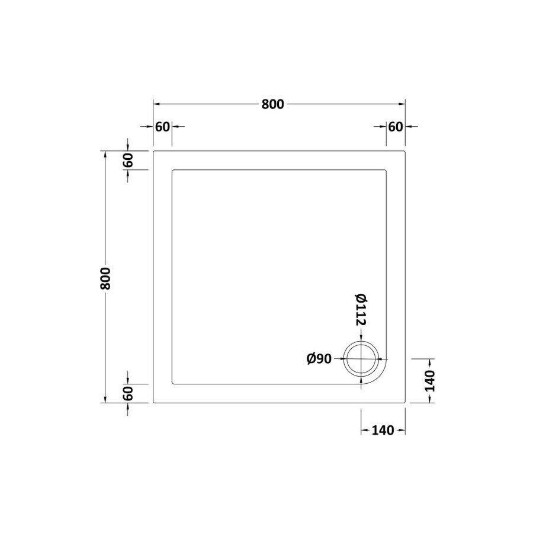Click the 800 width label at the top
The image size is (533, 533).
coord(273,104)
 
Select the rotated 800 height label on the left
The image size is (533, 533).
coord(106,277)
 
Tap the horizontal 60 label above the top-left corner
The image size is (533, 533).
coord(162,127)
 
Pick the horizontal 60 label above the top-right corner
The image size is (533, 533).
coord(396,127)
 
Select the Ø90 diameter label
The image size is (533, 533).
coord(319,359)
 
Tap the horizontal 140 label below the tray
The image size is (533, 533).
coord(383,431)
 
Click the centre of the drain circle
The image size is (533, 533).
coord(361,359)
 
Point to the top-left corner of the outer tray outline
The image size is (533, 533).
coord(154,152)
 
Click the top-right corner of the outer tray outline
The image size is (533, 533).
coord(405,152)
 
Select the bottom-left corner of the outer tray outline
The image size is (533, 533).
coord(154,403)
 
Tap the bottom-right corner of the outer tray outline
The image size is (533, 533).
coord(405,403)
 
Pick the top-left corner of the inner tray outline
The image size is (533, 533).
coord(172,171)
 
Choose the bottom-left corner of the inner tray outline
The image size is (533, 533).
coord(172,384)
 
